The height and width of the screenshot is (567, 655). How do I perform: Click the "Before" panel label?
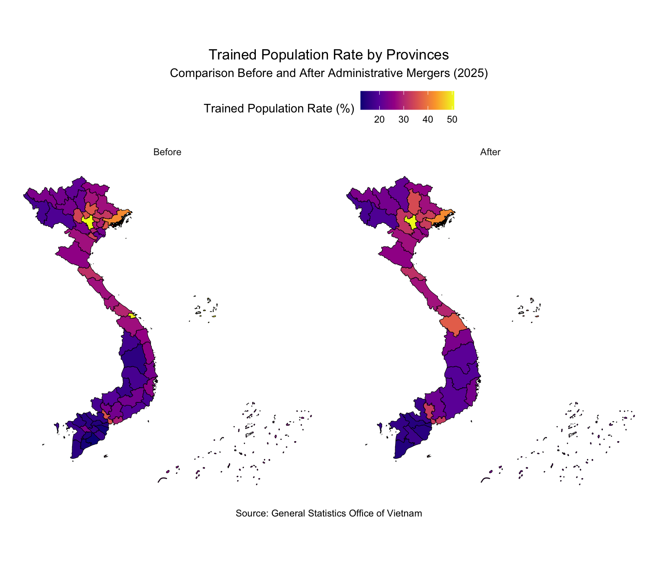pyautogui.click(x=167, y=152)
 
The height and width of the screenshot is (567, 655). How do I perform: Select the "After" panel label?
pyautogui.click(x=490, y=152)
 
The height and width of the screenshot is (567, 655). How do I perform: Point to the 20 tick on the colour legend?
pyautogui.click(x=380, y=120)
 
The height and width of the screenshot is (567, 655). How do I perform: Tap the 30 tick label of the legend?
pyautogui.click(x=403, y=120)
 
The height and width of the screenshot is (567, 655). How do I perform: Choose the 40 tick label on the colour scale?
pyautogui.click(x=427, y=120)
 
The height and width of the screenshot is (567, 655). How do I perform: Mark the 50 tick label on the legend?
pyautogui.click(x=451, y=120)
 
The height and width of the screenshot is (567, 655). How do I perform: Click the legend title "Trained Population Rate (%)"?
pyautogui.click(x=279, y=109)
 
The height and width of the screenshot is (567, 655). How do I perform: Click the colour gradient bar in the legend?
pyautogui.click(x=407, y=100)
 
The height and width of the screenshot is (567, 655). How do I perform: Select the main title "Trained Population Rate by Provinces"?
pyautogui.click(x=328, y=55)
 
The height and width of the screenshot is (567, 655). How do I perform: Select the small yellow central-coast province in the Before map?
pyautogui.click(x=132, y=316)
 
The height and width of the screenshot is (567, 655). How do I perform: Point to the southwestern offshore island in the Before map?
pyautogui.click(x=57, y=427)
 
